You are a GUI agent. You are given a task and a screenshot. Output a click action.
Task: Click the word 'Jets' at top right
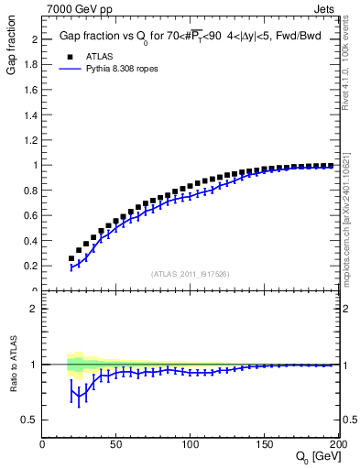click(326, 8)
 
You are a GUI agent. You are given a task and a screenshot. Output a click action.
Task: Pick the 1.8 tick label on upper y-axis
click(32, 65)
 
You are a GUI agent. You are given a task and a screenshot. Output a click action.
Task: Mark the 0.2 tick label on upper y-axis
click(32, 266)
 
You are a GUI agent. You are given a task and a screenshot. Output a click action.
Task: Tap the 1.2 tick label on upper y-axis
click(32, 140)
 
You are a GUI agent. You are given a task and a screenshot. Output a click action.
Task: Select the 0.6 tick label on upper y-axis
click(32, 215)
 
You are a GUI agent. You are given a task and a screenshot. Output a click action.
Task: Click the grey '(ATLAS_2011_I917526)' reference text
click(189, 274)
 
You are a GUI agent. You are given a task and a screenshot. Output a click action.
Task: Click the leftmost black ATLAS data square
click(71, 258)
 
